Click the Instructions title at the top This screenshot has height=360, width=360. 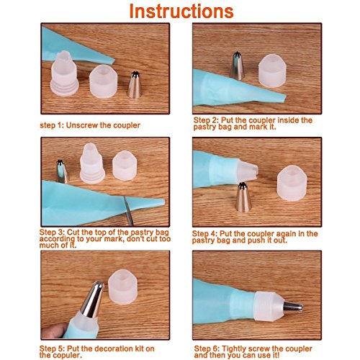pyautogui.click(x=181, y=12)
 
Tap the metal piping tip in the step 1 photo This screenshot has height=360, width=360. pyautogui.click(x=135, y=85)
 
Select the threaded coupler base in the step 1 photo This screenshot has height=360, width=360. pyautogui.click(x=64, y=73)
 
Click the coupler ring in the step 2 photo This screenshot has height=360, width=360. pyautogui.click(x=272, y=71)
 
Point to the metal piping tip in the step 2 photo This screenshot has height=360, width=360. pyautogui.click(x=237, y=66)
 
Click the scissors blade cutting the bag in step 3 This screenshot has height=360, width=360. pyautogui.click(x=128, y=210)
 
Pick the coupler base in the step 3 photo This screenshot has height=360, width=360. pyautogui.click(x=92, y=163)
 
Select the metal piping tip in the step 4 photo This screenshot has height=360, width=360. pyautogui.click(x=243, y=197)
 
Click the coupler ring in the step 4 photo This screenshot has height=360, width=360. pyautogui.click(x=292, y=183)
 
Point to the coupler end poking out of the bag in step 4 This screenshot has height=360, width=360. pyautogui.click(x=248, y=170)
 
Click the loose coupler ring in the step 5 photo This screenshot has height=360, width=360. pyautogui.click(x=122, y=287)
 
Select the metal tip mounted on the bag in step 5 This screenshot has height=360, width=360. pyautogui.click(x=92, y=300)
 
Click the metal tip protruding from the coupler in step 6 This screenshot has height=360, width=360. pyautogui.click(x=293, y=307)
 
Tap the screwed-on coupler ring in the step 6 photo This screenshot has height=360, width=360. pyautogui.click(x=269, y=306)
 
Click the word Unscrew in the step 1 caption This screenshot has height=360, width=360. pyautogui.click(x=81, y=125)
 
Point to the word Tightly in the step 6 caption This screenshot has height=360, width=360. pyautogui.click(x=234, y=348)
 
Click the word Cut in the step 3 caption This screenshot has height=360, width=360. pyautogui.click(x=73, y=233)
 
